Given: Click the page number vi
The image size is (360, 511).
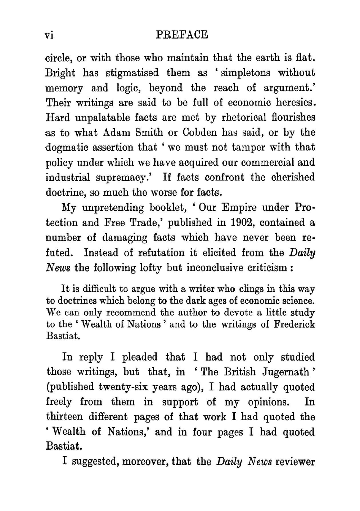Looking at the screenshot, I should tap(49, 35).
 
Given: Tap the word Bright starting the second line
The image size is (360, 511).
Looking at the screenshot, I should tap(60, 73).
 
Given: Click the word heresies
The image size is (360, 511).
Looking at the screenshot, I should tap(296, 103).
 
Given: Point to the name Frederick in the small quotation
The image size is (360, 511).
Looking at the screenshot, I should tap(294, 324).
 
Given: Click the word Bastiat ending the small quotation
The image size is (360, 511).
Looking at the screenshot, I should tap(63, 336).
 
